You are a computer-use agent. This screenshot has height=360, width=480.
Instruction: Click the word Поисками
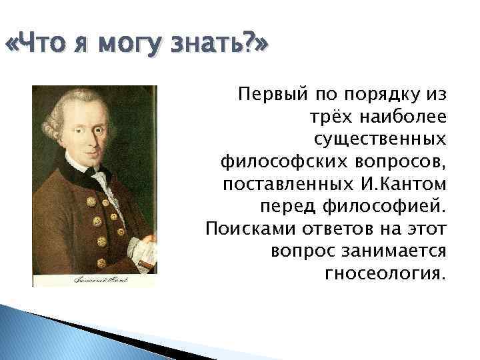click(241, 229)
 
